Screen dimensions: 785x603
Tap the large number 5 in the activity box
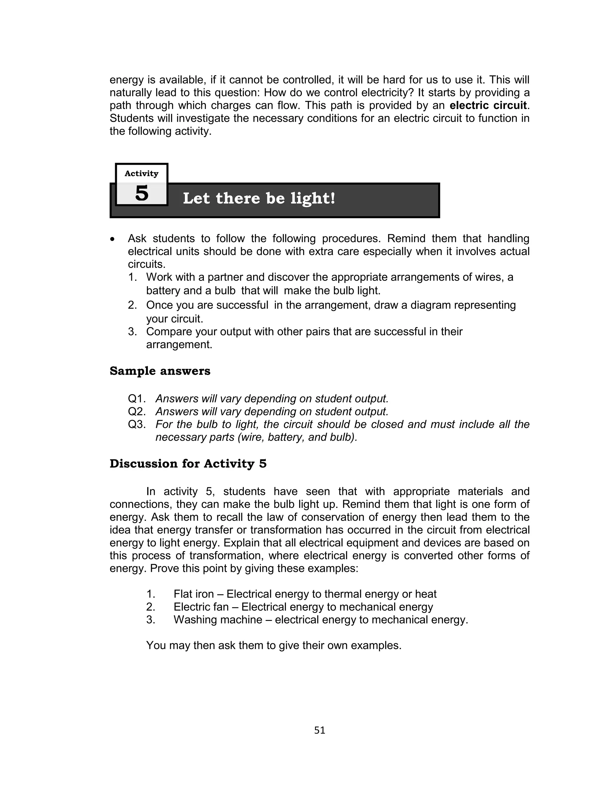coord(142,194)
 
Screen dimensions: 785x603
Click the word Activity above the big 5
coord(141,174)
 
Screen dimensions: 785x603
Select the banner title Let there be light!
coord(259,199)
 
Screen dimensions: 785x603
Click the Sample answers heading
coord(160,371)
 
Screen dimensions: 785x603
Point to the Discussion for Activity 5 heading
coord(188,464)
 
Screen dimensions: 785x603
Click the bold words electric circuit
coord(488,105)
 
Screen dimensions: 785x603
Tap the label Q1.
coord(137,399)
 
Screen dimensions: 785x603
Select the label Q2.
coord(137,411)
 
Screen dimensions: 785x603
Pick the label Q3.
coord(137,424)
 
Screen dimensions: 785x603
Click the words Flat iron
coord(193,594)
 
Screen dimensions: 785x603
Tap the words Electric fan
coord(201,607)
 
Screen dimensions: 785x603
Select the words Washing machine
coord(218,620)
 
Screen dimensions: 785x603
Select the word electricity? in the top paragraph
coord(388,92)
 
